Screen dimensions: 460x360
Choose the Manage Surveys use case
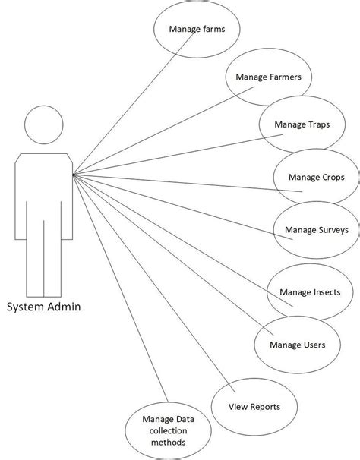pyautogui.click(x=311, y=230)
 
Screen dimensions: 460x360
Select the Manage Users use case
pyautogui.click(x=297, y=345)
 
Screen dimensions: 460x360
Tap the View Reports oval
pyautogui.click(x=254, y=407)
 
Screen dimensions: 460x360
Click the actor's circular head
pyautogui.click(x=44, y=126)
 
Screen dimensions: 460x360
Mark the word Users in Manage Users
pyautogui.click(x=314, y=345)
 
